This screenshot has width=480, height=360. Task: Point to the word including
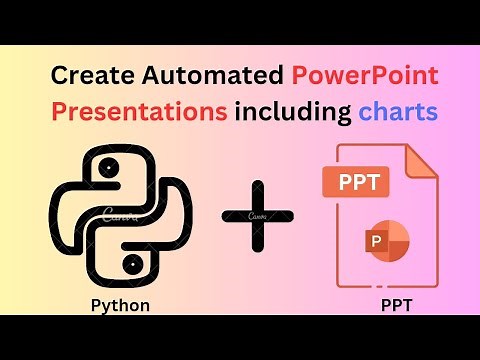tap(293, 111)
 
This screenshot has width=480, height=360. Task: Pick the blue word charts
tap(398, 111)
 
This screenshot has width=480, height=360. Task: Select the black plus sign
tap(258, 215)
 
